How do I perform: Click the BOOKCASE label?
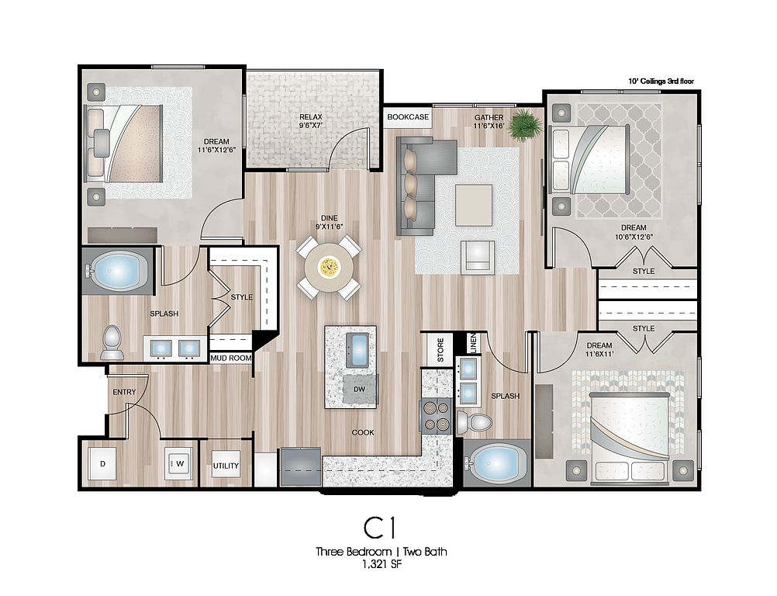pos(408,117)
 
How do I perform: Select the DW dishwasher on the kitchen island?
pos(360,390)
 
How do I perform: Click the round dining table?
pos(330,268)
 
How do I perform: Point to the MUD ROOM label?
pos(231,358)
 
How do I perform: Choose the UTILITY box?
pos(226,466)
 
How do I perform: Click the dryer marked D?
pos(102,464)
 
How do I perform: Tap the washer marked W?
pos(178,464)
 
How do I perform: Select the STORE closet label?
pos(440,349)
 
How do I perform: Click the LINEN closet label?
pos(473,342)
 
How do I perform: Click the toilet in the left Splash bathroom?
pos(112,343)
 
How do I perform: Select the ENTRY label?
pos(124,392)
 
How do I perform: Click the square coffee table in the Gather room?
pos(475,205)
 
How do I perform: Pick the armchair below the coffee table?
pos(478,257)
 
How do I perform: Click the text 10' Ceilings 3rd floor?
pos(661,81)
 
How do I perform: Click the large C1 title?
pos(380,528)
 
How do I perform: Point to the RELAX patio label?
pos(311,121)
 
